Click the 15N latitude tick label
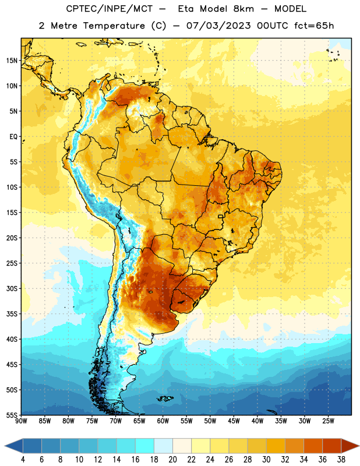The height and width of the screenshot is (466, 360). (x=12, y=61)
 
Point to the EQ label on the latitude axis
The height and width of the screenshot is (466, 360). (x=13, y=137)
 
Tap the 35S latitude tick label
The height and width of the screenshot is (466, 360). (x=12, y=314)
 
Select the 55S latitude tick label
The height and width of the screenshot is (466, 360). (x=12, y=415)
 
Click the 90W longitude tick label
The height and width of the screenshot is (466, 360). (x=21, y=421)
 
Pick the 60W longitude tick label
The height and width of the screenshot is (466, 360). (x=163, y=421)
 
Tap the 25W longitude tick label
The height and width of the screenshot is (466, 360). (x=328, y=421)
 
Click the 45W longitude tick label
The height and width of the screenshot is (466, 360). (x=234, y=421)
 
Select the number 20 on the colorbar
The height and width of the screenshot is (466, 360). (x=172, y=460)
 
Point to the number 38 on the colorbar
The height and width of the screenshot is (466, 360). (x=341, y=460)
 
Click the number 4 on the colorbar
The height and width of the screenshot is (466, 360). (x=23, y=460)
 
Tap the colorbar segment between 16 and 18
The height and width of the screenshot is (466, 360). (x=144, y=446)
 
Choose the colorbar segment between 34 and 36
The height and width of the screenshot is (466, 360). (x=313, y=446)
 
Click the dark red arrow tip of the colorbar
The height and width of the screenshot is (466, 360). (x=358, y=446)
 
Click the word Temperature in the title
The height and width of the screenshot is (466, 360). (x=114, y=26)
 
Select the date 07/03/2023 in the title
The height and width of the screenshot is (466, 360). (x=218, y=26)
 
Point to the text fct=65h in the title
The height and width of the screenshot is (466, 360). (x=314, y=26)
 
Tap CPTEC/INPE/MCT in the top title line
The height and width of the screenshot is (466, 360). (x=109, y=9)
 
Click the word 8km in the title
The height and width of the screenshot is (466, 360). (x=243, y=9)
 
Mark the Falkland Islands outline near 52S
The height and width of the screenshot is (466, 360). (x=165, y=398)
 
